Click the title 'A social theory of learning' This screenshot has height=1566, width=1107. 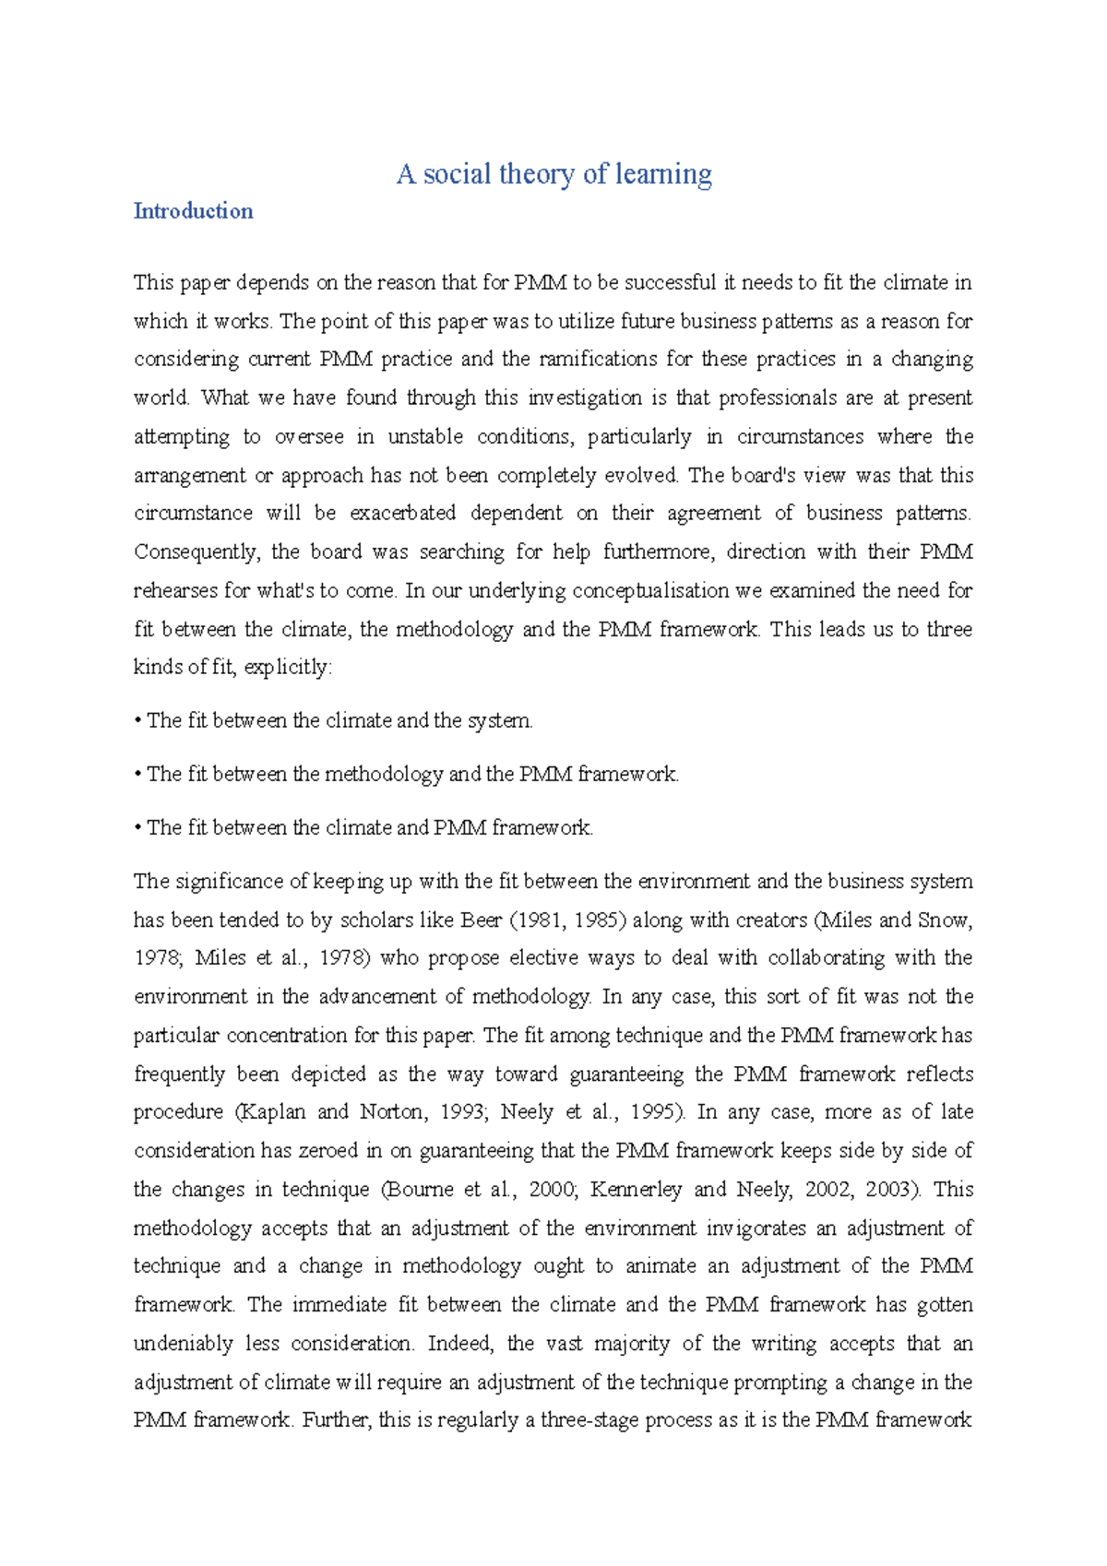553,173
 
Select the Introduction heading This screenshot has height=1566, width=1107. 193,211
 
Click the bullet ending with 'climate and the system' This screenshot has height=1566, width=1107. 339,720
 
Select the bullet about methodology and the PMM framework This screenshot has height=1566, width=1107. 412,774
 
